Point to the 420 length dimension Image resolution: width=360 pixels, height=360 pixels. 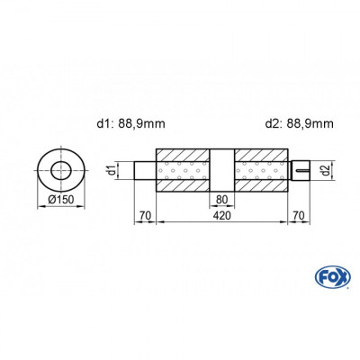222,217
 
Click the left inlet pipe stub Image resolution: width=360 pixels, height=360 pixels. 146,169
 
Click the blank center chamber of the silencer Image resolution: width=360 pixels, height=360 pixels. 222,169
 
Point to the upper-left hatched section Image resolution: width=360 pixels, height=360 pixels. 184,153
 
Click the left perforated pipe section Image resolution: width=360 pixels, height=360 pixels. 184,169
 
